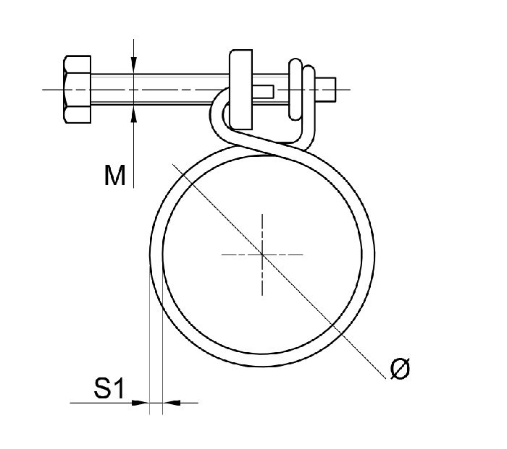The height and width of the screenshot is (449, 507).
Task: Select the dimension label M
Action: tap(114, 174)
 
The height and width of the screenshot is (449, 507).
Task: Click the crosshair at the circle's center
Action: tap(262, 254)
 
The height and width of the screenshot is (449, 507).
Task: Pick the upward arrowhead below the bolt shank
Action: tap(134, 114)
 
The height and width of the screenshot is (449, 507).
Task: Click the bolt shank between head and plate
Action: tap(159, 89)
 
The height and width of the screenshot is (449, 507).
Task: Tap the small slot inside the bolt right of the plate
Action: tap(265, 90)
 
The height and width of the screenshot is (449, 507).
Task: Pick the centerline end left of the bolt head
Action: tap(45, 89)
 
